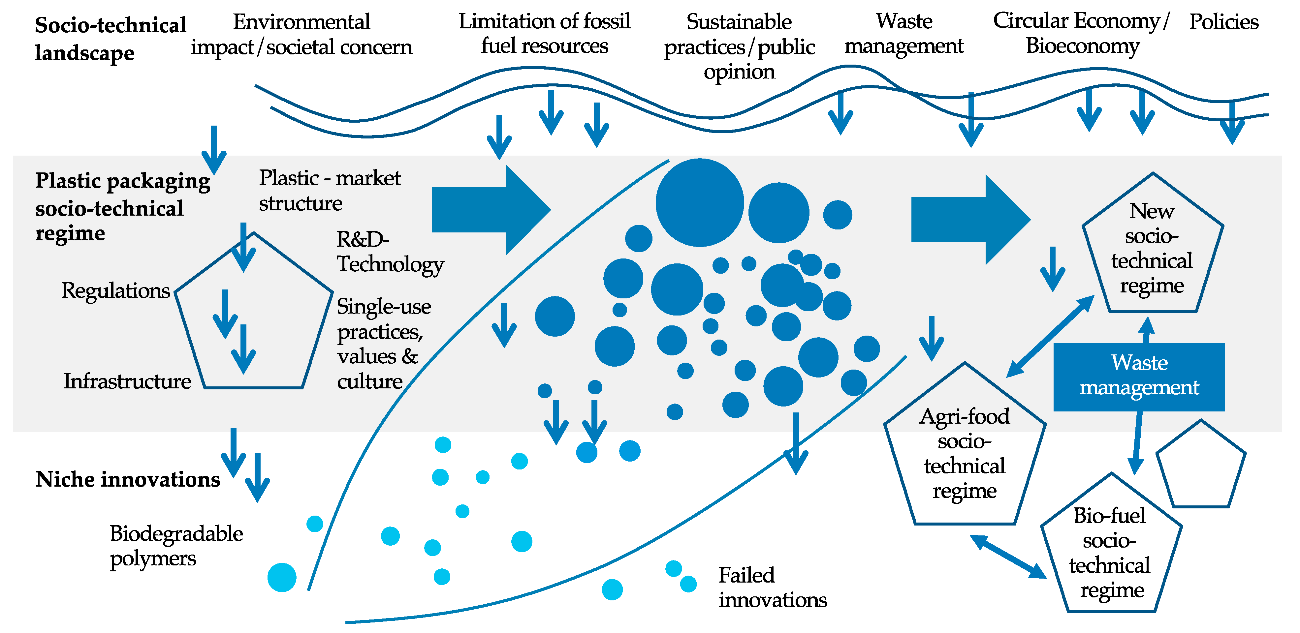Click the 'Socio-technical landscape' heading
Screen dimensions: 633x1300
point(110,39)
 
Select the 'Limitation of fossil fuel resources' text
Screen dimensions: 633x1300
point(544,33)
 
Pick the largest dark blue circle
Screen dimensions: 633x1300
point(699,203)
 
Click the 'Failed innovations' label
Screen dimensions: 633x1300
point(772,587)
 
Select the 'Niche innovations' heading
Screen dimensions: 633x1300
point(128,479)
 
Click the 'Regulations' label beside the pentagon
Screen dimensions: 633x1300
point(115,290)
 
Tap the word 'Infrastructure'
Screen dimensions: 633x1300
point(127,381)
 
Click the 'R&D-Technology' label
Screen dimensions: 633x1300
point(390,252)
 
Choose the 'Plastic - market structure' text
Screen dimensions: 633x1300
point(330,190)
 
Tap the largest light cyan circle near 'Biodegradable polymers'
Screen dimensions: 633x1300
point(282,577)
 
